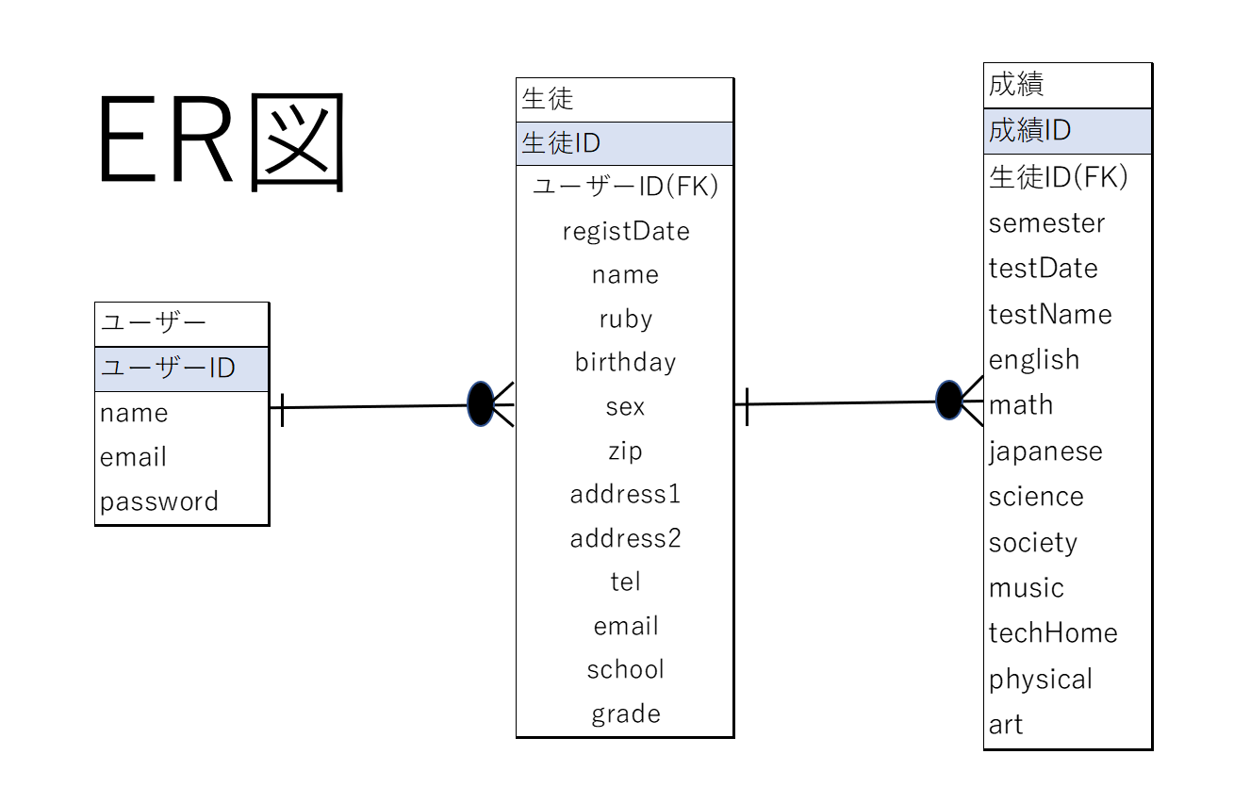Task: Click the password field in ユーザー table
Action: (x=159, y=501)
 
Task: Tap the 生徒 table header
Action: (x=624, y=99)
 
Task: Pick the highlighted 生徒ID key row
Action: (x=624, y=143)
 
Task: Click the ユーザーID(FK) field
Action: (x=625, y=187)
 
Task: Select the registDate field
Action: (x=625, y=231)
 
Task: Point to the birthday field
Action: (x=625, y=362)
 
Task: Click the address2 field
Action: (x=625, y=538)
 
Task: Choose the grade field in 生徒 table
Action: (x=625, y=713)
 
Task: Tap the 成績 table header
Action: (x=1066, y=85)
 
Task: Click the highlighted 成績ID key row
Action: (x=1066, y=130)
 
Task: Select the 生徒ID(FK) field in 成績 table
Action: (x=1058, y=176)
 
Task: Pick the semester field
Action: (x=1046, y=223)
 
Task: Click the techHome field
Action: (x=1053, y=632)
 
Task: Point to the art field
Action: (x=1006, y=725)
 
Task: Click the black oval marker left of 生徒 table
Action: (x=481, y=404)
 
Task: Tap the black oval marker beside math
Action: (x=948, y=401)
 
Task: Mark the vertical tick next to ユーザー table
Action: (x=282, y=408)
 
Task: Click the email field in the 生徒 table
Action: (x=625, y=626)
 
